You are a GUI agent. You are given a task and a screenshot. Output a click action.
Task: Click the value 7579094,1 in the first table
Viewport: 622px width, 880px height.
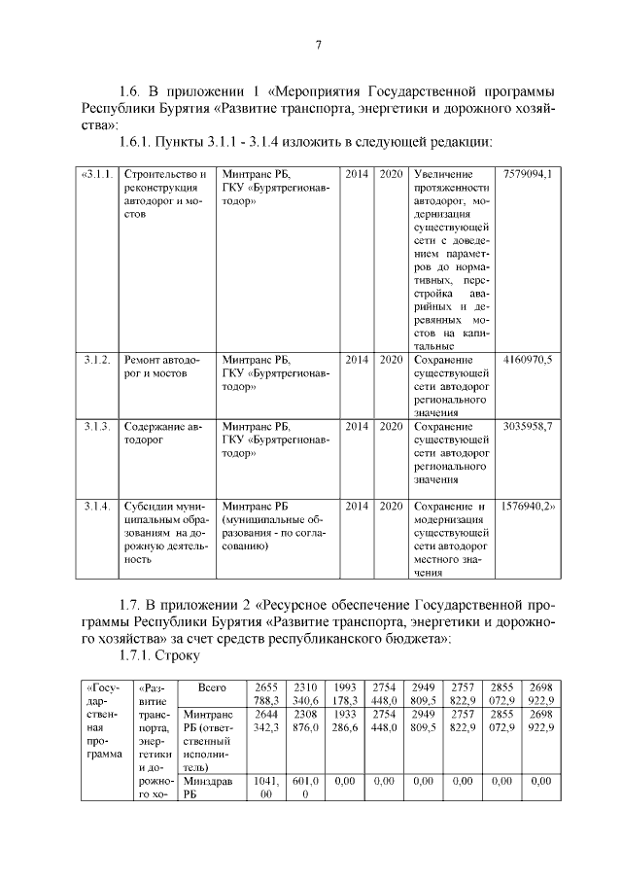coord(529,174)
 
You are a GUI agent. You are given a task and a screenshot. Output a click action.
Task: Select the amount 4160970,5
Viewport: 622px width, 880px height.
coord(529,360)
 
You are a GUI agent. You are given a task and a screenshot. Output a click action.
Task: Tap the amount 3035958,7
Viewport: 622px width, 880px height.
coord(529,427)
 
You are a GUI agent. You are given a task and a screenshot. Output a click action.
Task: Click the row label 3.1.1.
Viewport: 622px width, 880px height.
coord(99,174)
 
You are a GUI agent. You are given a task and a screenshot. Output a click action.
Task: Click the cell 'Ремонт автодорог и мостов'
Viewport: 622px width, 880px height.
coord(161,367)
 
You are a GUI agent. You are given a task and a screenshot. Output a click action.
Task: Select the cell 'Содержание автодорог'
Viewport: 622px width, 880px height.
coord(161,434)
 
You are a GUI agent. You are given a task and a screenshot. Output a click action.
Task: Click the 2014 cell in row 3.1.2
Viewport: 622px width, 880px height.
coord(357,360)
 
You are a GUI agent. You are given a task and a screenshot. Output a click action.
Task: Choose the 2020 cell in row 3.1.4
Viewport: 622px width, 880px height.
coord(391,507)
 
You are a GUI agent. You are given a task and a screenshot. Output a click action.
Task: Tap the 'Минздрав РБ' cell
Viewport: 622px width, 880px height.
coord(208,787)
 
